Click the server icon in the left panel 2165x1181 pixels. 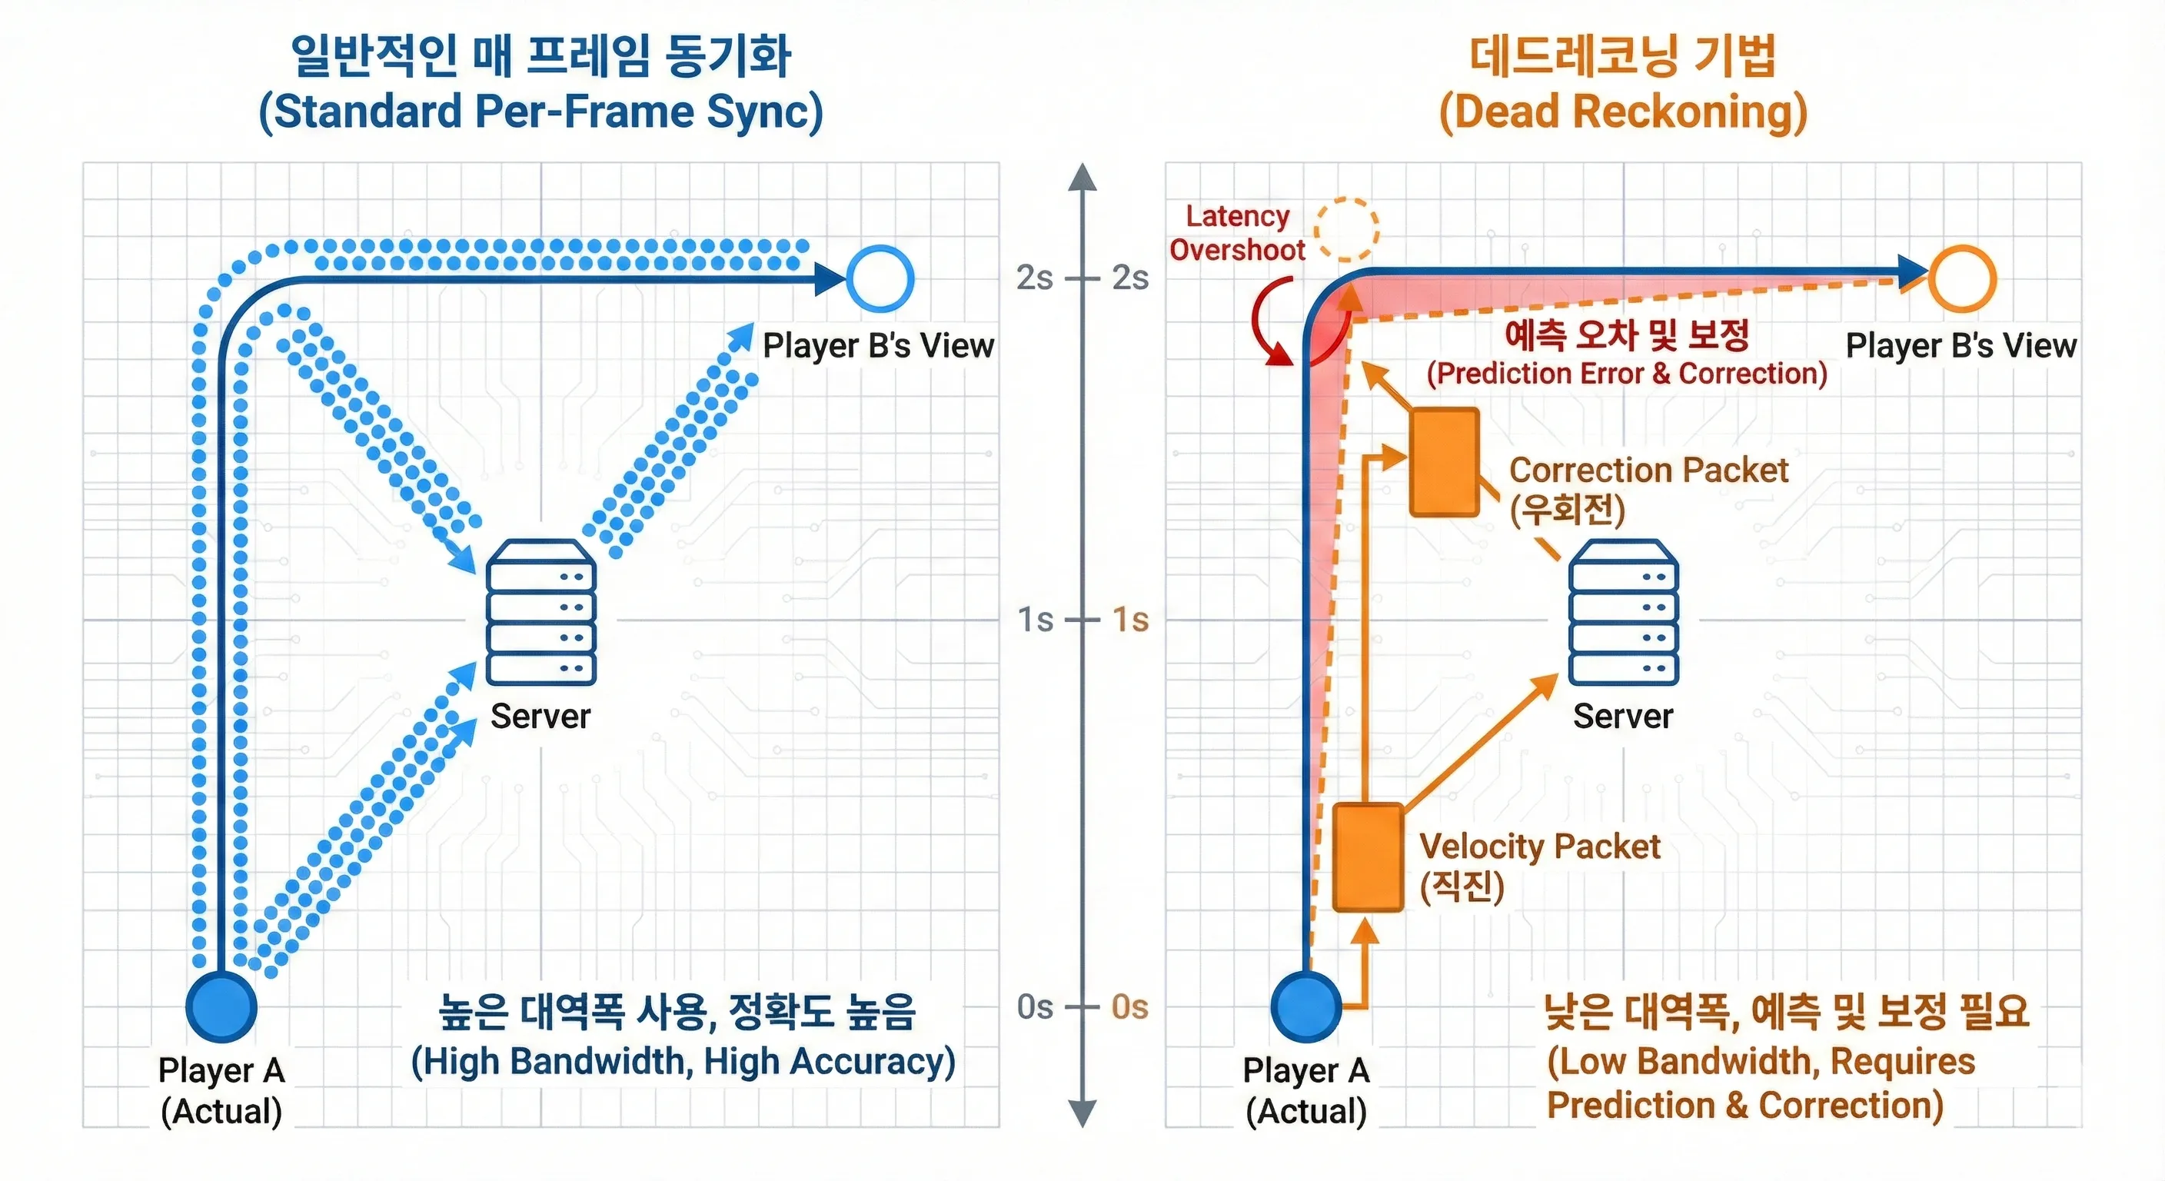coord(541,612)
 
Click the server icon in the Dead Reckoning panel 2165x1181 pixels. coord(1624,612)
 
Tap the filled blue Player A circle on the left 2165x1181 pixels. coord(221,1006)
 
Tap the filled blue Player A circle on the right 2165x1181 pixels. coord(1306,1006)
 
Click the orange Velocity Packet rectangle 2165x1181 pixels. coord(1369,857)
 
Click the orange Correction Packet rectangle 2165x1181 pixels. coord(1445,461)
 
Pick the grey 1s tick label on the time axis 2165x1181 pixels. coord(1035,620)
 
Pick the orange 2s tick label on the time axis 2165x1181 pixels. coord(1130,278)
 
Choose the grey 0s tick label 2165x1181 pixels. coord(1035,1006)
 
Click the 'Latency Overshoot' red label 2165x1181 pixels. coord(1237,233)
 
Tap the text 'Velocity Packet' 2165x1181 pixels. coord(1540,847)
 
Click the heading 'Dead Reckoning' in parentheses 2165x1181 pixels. coord(1623,111)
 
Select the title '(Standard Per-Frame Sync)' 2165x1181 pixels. coord(541,111)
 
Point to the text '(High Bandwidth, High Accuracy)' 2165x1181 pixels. coord(683,1062)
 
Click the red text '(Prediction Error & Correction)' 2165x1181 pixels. coord(1627,373)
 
